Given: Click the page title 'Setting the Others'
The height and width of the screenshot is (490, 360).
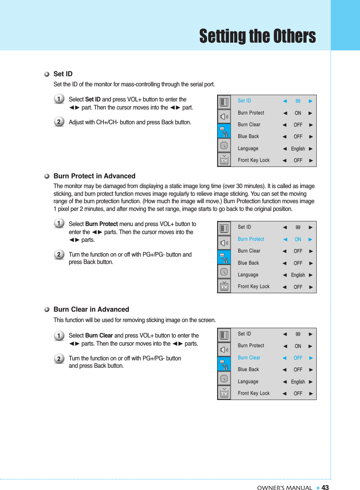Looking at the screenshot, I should pyautogui.click(x=257, y=36).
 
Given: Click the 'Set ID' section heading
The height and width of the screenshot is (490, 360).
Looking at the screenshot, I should pyautogui.click(x=63, y=74).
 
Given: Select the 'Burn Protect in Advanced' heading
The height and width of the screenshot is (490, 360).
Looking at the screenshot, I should pyautogui.click(x=94, y=176).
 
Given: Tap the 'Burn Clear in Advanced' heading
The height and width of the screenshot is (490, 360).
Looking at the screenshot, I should pyautogui.click(x=91, y=309).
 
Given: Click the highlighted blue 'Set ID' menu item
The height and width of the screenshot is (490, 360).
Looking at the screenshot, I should pyautogui.click(x=244, y=101).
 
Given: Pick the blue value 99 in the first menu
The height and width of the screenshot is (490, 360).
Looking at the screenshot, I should pyautogui.click(x=298, y=101).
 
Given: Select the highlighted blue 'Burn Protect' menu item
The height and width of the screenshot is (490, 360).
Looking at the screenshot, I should pyautogui.click(x=251, y=239).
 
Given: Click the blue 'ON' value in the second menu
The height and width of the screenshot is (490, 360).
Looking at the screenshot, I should pyautogui.click(x=298, y=239).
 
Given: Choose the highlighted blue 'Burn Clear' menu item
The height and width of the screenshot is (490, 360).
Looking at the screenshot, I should pyautogui.click(x=249, y=358).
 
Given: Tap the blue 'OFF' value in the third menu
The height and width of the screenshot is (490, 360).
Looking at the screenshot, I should pyautogui.click(x=298, y=358).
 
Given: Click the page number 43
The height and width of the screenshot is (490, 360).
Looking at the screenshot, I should pyautogui.click(x=325, y=488).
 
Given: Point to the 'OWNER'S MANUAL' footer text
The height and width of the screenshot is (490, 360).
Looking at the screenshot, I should pyautogui.click(x=285, y=488).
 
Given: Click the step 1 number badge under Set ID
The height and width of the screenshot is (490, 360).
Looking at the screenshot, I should pyautogui.click(x=59, y=99).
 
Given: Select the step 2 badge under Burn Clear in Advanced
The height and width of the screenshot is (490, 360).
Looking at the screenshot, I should pyautogui.click(x=59, y=358).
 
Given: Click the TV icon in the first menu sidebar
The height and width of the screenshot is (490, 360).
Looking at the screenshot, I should pyautogui.click(x=224, y=160).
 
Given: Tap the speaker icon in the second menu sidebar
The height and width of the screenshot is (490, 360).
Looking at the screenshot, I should pyautogui.click(x=224, y=243).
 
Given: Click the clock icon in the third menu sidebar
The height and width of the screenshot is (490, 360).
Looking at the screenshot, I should pyautogui.click(x=224, y=378).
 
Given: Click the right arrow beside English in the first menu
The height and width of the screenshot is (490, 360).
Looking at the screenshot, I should pyautogui.click(x=311, y=149).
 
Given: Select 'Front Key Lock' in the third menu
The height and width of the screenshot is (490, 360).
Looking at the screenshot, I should pyautogui.click(x=253, y=393).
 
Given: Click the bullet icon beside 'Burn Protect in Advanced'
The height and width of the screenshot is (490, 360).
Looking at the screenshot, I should pyautogui.click(x=47, y=176).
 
